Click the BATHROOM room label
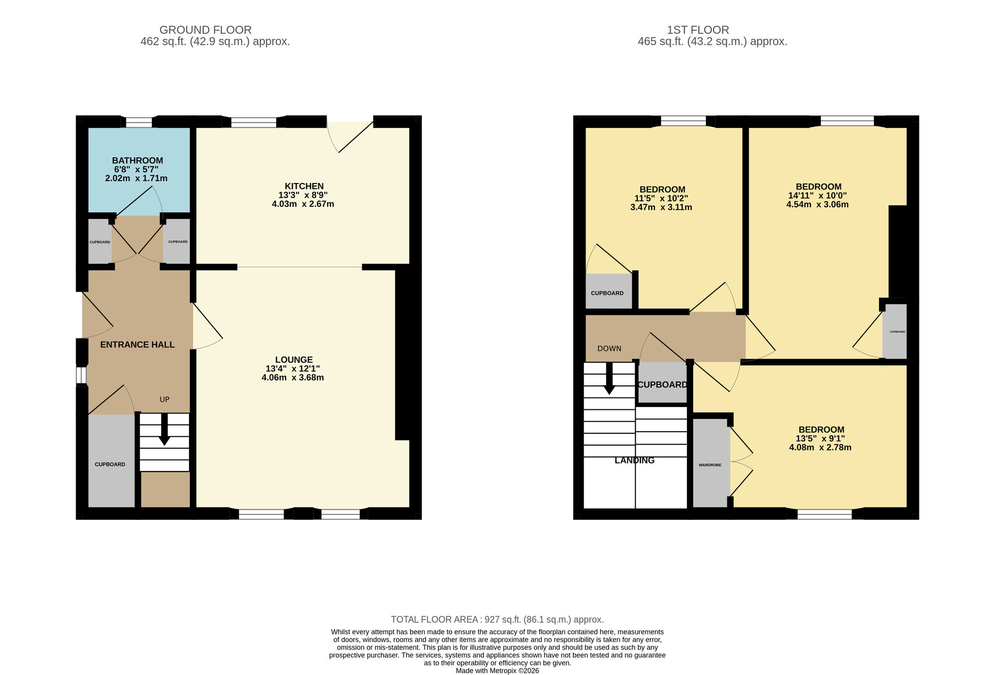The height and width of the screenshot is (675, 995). coord(137,161)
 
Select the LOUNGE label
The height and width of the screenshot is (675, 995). coord(294,360)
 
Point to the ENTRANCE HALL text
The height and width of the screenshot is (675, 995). coord(137,345)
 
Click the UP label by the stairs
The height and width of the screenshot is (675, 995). coord(165,399)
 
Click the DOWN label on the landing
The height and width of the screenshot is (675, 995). coord(609,349)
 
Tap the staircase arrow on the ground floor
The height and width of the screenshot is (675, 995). coord(164,430)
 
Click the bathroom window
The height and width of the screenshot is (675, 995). coord(139,122)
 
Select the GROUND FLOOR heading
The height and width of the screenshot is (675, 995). coord(205,30)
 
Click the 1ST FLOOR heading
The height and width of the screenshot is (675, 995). coord(698,30)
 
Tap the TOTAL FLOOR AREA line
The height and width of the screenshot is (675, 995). coord(497,619)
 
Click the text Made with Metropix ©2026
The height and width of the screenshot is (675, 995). coord(497,671)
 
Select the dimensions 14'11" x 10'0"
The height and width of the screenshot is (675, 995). coord(817,195)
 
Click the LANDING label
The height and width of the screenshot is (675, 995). coord(634,461)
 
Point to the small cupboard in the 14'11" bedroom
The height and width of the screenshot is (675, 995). coord(895,331)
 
